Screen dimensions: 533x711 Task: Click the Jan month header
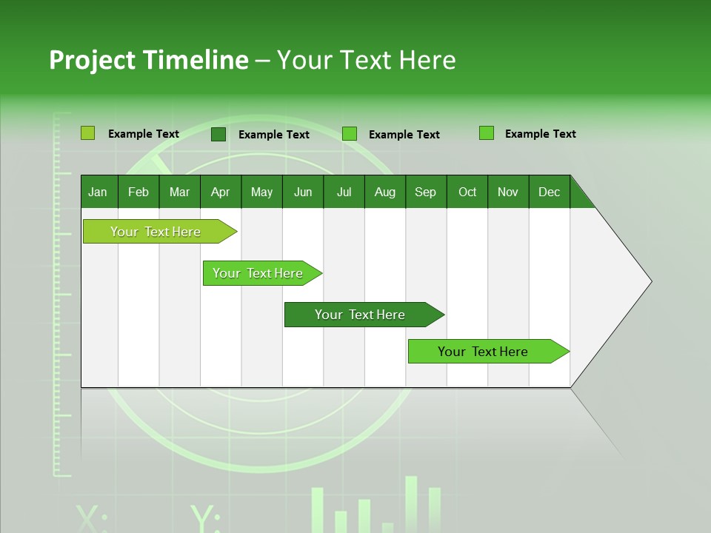pyautogui.click(x=99, y=192)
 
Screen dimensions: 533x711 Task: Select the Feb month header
pyautogui.click(x=138, y=192)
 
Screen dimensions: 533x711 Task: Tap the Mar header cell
pyautogui.click(x=179, y=192)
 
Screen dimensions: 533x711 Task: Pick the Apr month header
pyautogui.click(x=221, y=192)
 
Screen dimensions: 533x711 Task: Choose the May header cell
pyautogui.click(x=261, y=192)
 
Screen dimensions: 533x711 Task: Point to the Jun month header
pyautogui.click(x=303, y=192)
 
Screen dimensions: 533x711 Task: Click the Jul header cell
pyautogui.click(x=344, y=192)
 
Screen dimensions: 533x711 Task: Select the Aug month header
pyautogui.click(x=385, y=192)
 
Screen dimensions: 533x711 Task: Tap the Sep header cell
pyautogui.click(x=426, y=192)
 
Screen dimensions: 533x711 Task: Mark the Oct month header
pyautogui.click(x=467, y=192)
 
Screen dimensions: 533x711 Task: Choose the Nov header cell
pyautogui.click(x=508, y=192)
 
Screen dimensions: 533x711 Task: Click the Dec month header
pyautogui.click(x=550, y=192)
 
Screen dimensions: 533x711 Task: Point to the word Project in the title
pyautogui.click(x=92, y=60)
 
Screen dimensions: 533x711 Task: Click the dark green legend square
pyautogui.click(x=218, y=134)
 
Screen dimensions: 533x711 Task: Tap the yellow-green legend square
pyautogui.click(x=88, y=133)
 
